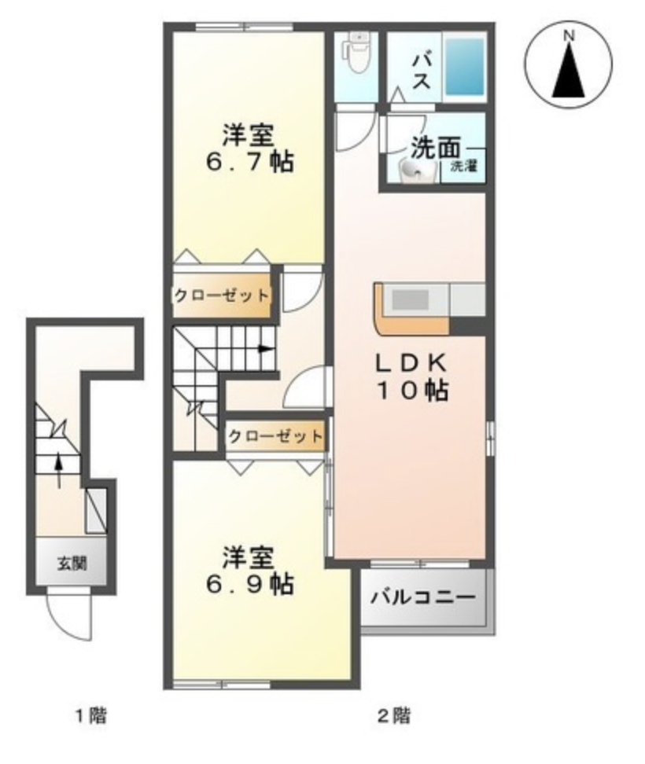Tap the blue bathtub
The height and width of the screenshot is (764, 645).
[464, 66]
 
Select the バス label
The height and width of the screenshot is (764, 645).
[421, 72]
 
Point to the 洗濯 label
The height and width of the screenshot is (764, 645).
[463, 166]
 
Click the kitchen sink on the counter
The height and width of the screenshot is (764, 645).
[411, 299]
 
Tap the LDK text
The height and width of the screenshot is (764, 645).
[410, 363]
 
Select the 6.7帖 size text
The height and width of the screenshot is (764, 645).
[250, 162]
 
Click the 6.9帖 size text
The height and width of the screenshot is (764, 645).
[250, 583]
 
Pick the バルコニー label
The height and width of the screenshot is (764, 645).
[422, 597]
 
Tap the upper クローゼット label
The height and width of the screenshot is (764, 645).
[221, 296]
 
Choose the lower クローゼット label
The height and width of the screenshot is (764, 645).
[275, 436]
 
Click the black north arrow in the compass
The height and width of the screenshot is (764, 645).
[568, 70]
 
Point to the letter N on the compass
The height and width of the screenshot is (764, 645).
[569, 35]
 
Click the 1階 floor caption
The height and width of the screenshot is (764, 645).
[90, 716]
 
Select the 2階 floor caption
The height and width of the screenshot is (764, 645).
[394, 716]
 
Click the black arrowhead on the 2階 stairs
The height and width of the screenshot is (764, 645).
[265, 349]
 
